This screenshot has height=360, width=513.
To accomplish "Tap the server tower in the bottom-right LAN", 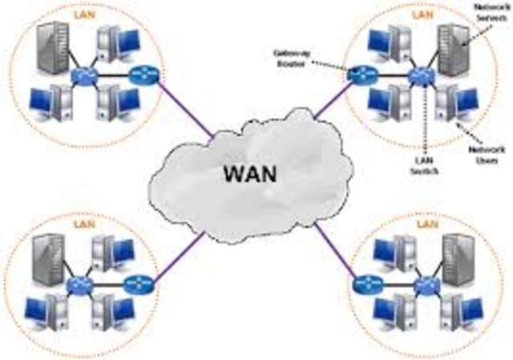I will coord(458,257).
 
